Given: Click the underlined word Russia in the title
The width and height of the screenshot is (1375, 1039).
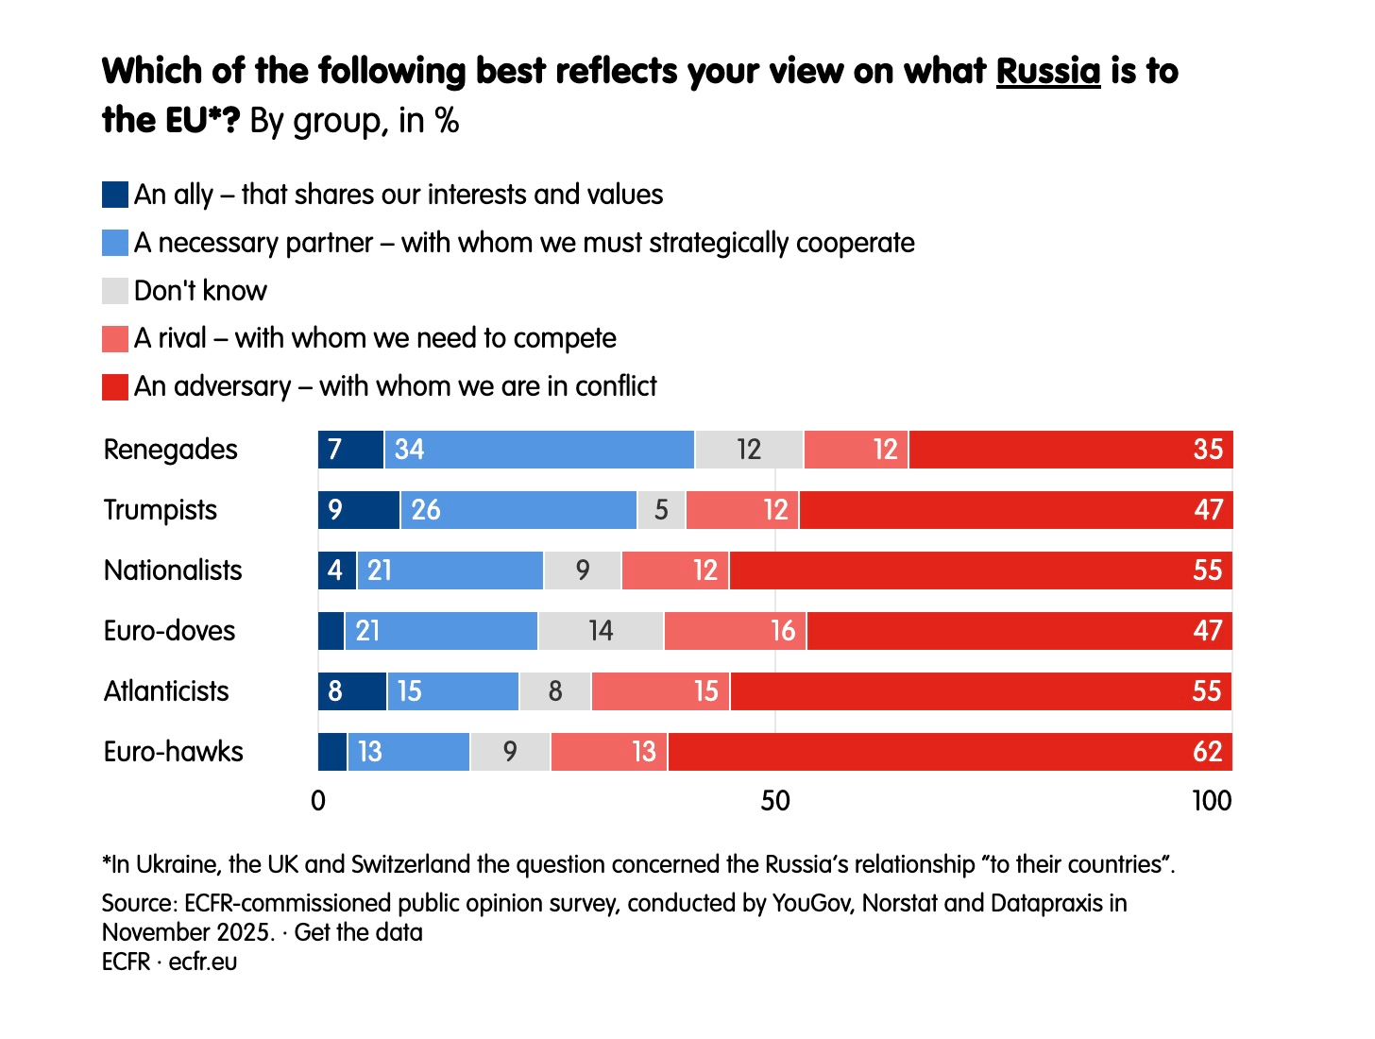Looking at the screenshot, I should (1048, 72).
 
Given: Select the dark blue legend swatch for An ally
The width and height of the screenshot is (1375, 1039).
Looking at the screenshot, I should (115, 195).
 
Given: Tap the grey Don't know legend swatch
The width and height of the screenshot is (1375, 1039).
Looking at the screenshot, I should (115, 291).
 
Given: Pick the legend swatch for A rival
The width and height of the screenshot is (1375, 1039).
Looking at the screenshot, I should (115, 338).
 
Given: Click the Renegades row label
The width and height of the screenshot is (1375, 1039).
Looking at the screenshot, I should (171, 450).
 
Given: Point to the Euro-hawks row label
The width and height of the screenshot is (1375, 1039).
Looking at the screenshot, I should (174, 752).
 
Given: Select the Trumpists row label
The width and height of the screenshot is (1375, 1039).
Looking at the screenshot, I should (161, 510).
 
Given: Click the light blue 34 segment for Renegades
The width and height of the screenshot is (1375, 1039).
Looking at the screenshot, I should (539, 450).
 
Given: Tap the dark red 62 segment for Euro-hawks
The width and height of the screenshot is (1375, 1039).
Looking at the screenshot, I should (950, 752).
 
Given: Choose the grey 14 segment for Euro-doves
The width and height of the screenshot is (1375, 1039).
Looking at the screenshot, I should (601, 631).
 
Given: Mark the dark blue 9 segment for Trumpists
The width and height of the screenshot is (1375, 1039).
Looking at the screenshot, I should (359, 510).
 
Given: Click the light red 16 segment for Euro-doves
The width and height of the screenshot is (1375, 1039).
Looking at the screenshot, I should (735, 631).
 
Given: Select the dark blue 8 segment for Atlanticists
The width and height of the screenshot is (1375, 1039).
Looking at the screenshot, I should (352, 691).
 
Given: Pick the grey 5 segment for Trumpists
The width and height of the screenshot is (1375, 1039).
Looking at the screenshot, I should (661, 510).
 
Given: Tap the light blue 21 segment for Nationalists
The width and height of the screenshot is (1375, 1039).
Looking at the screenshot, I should (450, 571).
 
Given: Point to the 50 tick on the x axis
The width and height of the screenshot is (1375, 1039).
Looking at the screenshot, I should (775, 801).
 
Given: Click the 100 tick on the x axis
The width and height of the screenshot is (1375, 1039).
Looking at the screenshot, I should (1212, 801).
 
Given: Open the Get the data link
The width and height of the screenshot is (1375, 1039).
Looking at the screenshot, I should (358, 932).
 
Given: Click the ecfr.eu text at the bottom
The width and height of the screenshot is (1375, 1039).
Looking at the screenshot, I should (203, 962).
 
